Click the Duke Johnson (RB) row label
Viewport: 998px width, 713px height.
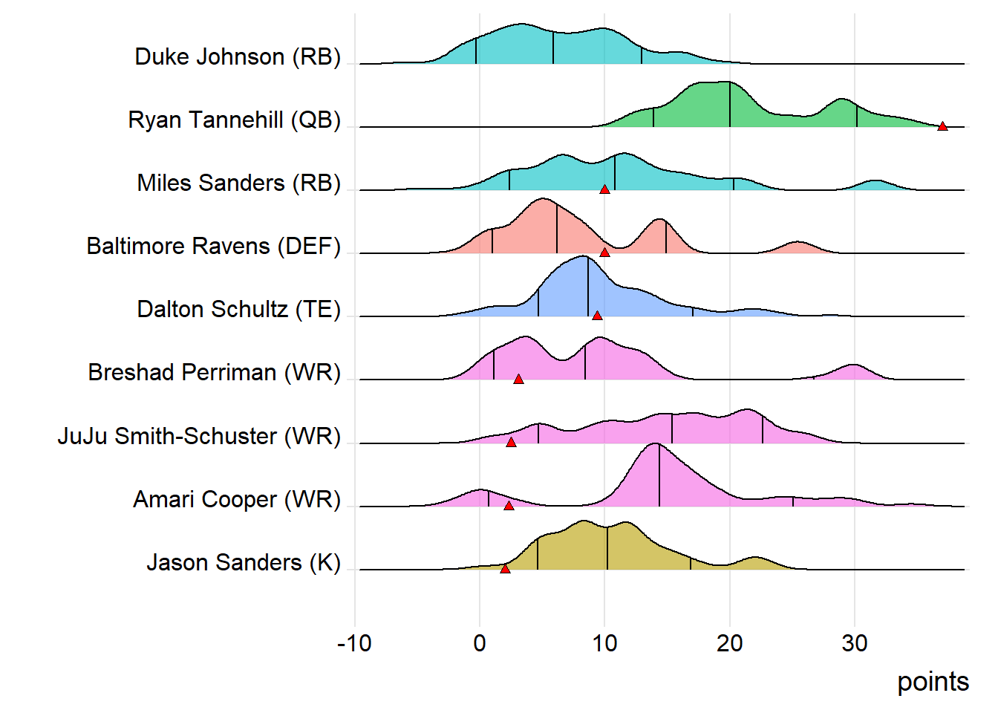237,57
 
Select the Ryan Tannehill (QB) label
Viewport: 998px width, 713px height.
234,120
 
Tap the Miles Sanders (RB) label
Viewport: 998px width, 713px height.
238,183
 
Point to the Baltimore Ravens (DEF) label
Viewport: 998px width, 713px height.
213,247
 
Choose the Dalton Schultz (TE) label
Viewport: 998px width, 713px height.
238,310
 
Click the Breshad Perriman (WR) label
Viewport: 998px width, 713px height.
214,373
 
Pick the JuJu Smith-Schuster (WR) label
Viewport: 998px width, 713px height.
199,436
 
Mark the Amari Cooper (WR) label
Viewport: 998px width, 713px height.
236,500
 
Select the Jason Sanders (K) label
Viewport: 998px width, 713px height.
243,563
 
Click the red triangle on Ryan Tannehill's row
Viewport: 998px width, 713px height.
942,127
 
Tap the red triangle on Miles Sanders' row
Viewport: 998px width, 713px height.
604,189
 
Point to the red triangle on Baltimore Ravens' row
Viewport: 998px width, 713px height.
604,253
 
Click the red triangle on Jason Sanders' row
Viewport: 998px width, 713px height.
505,569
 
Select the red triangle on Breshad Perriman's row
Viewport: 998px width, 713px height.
518,380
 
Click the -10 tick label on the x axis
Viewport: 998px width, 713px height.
354,643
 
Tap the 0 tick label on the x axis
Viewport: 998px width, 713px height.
480,643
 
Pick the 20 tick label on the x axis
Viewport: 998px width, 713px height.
729,643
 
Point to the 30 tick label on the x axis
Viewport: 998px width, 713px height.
855,643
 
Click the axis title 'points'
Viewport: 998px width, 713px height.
933,682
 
